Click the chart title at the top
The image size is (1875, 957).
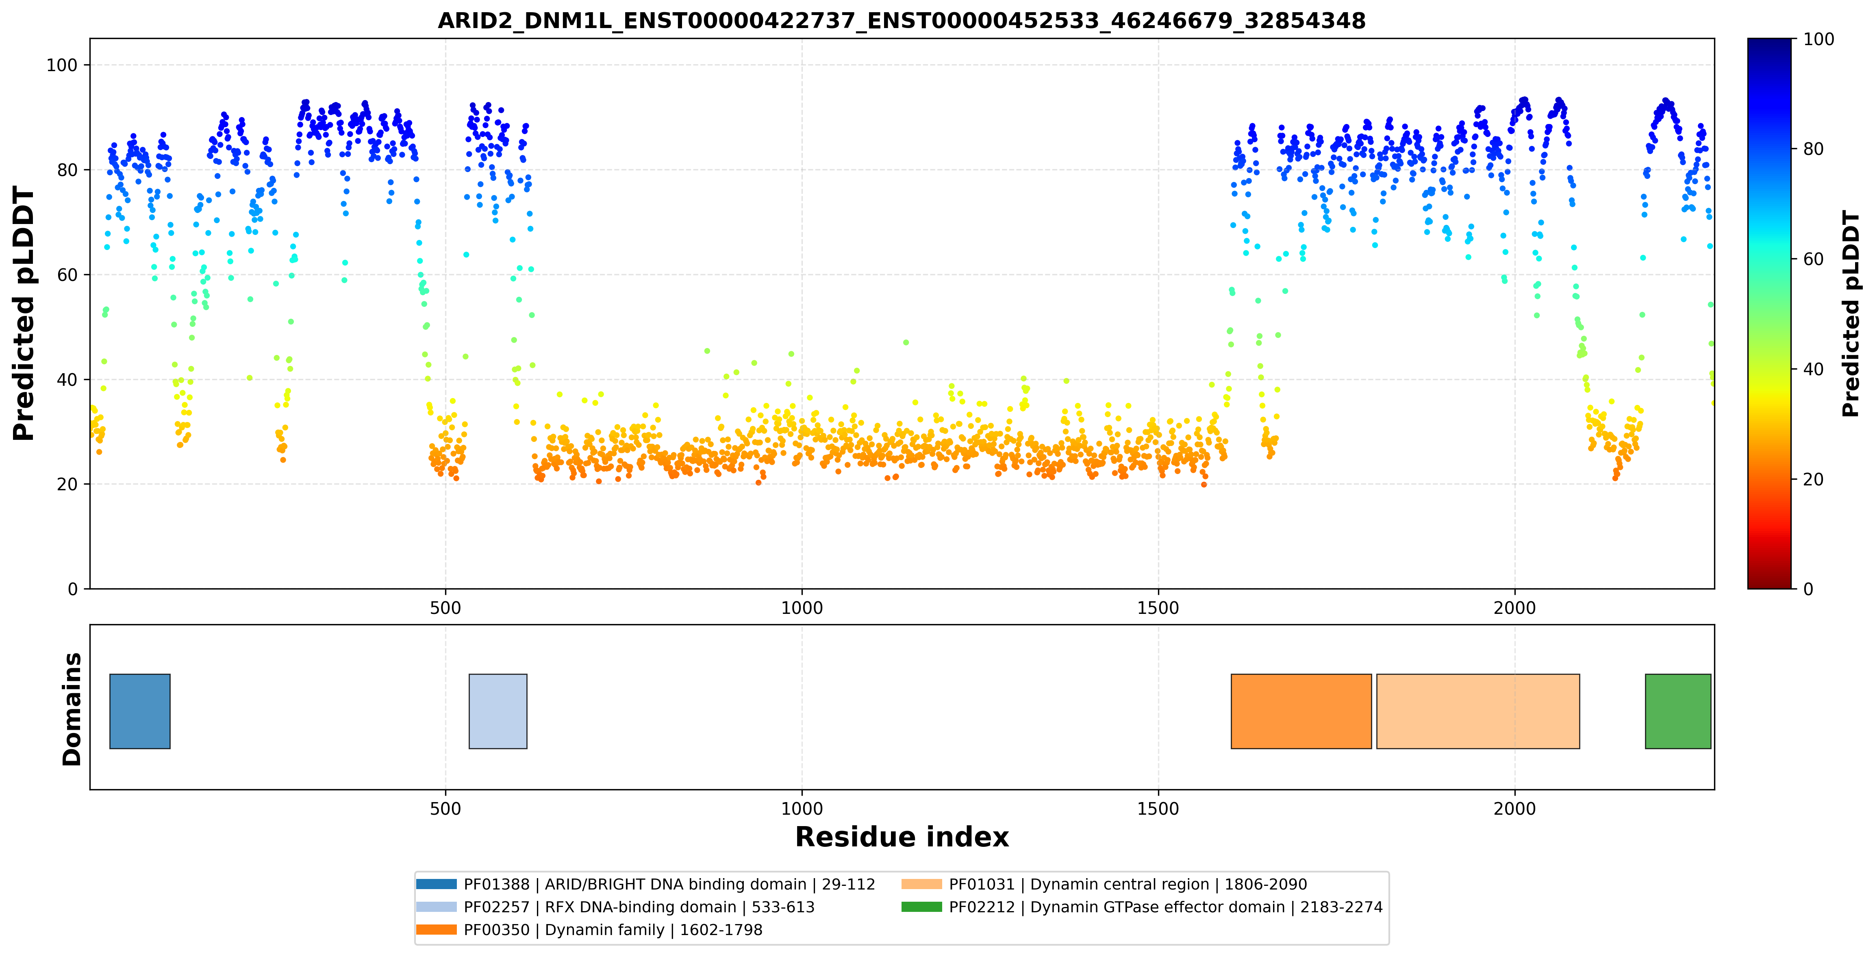click(901, 20)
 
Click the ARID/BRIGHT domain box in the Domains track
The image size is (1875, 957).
click(140, 711)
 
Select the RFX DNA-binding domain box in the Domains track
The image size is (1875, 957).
click(498, 711)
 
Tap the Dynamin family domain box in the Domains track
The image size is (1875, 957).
click(1301, 711)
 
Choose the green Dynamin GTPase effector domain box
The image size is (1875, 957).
click(1678, 711)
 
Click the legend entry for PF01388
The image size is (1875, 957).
click(645, 884)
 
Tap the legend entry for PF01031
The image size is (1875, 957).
click(1104, 884)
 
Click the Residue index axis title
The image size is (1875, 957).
click(902, 837)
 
